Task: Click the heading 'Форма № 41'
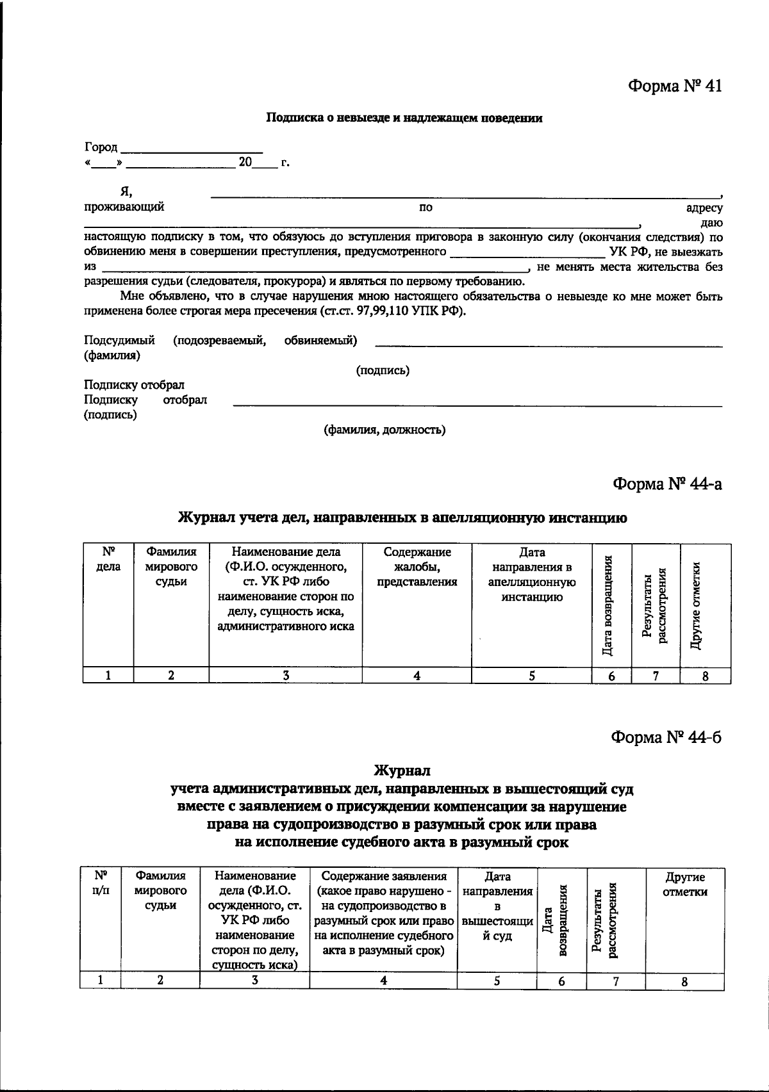[675, 86]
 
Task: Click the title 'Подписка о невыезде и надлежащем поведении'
[404, 118]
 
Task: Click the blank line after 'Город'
[192, 149]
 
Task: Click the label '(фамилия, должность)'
[384, 430]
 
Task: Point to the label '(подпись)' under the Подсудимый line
[383, 370]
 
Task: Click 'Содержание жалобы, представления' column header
[417, 567]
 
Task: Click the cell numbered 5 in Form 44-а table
[532, 675]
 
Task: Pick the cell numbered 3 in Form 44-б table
[254, 980]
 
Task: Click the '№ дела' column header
[108, 559]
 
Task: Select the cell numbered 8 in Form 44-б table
[684, 981]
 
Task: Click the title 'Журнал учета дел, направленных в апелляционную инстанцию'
[402, 517]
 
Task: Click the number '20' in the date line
[245, 163]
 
